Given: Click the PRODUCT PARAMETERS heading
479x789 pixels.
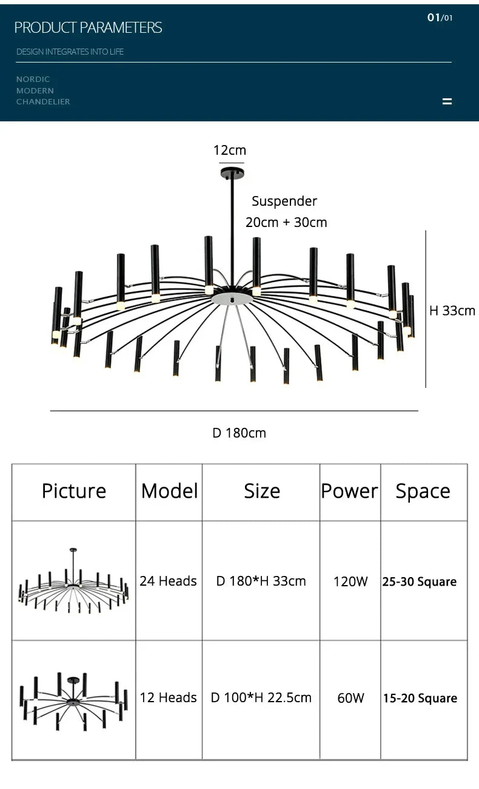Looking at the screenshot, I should coord(88,27).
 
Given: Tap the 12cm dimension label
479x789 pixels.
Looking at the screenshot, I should coord(230,151).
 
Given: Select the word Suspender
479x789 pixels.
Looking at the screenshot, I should coord(284,201).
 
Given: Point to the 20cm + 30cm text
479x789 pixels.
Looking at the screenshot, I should coord(286,222).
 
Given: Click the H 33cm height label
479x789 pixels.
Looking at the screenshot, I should coord(452,311).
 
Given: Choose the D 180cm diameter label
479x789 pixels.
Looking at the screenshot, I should coord(239,433).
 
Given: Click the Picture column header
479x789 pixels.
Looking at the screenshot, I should coord(74,491).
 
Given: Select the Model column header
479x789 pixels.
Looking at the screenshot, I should coord(169,491).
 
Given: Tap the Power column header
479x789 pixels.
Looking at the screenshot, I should coord(350,491).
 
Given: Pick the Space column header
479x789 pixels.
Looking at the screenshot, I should coord(423,491).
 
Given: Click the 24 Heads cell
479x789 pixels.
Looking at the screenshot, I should coord(168,581).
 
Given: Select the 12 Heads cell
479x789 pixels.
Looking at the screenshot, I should coord(168,697).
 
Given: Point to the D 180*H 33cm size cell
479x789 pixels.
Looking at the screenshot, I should coord(261,581).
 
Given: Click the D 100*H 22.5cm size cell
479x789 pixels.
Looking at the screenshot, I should coord(261,697).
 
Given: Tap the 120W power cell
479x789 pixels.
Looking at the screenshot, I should coord(350,581).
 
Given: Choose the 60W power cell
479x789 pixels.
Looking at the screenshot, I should coord(350,698).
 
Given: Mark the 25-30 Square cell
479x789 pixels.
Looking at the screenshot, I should coord(420,581).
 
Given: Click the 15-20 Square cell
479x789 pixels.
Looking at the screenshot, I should coord(420,698).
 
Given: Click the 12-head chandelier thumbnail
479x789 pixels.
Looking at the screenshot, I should coord(74,699).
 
